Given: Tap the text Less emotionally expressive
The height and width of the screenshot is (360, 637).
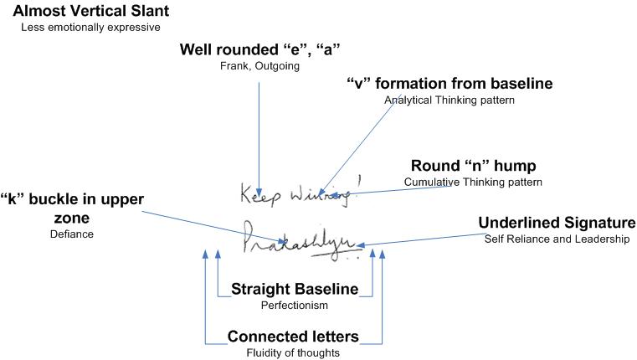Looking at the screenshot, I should tap(90, 28).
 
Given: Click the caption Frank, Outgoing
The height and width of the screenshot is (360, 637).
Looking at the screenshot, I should tap(259, 65).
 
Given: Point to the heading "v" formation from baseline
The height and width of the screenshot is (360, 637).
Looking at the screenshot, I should tap(449, 84).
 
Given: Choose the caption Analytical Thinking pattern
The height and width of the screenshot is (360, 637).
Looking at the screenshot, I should tap(449, 100).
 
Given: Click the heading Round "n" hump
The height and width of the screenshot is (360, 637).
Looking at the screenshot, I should tap(473, 166).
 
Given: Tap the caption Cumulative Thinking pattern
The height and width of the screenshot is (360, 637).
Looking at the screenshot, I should tap(473, 182).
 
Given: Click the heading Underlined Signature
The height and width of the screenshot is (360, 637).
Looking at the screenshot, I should tap(557, 223).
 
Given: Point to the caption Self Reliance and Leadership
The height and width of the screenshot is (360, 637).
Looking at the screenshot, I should tap(557, 239).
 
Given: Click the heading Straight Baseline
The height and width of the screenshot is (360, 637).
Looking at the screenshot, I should tap(295, 290).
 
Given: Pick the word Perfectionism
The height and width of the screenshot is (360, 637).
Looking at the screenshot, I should tap(295, 306).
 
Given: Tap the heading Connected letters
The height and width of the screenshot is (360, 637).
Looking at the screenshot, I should tap(293, 337).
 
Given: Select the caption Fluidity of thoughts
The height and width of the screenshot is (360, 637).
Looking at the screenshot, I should tap(293, 352).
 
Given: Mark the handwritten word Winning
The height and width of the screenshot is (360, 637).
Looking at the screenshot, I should tap(324, 197).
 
